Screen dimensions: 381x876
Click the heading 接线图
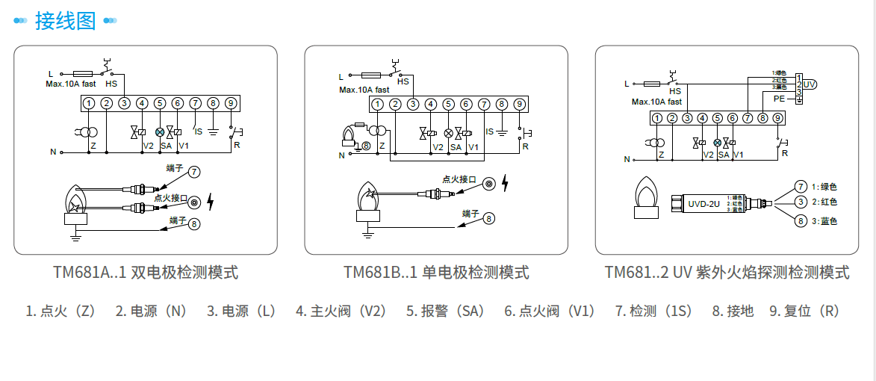(x=66, y=20)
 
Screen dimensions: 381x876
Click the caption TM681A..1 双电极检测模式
(x=146, y=272)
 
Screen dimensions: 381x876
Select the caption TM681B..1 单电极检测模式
(x=436, y=272)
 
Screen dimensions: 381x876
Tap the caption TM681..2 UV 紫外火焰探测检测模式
(x=727, y=272)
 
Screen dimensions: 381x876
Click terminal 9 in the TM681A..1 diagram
(x=231, y=103)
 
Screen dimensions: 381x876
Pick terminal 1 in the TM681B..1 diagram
(x=379, y=104)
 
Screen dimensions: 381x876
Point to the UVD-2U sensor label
(x=703, y=203)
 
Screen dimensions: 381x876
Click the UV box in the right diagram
(x=810, y=84)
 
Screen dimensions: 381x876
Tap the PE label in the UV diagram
(x=779, y=98)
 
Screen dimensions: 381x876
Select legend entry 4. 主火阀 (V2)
(x=341, y=311)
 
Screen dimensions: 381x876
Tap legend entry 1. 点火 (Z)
(x=60, y=311)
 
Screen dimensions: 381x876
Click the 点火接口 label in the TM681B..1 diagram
(x=459, y=179)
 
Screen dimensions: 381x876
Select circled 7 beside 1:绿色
(x=800, y=186)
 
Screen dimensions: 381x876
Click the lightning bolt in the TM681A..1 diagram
(x=210, y=202)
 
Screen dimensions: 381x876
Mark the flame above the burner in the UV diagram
(x=646, y=192)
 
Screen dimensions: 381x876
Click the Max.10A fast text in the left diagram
(x=71, y=84)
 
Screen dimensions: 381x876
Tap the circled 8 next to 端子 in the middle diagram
(x=488, y=219)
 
